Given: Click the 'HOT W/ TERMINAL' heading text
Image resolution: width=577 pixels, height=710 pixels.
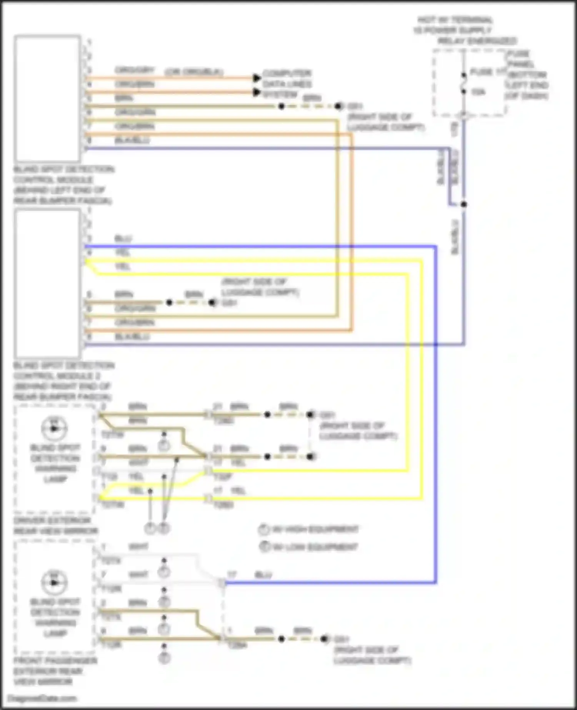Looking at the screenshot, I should coord(455,20).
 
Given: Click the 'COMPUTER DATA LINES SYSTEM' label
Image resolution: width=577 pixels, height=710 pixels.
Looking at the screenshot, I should coord(287,84).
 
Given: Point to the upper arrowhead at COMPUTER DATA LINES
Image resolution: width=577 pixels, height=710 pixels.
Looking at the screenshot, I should coord(257,78).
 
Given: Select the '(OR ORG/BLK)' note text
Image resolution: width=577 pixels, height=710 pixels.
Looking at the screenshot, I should coord(194,72).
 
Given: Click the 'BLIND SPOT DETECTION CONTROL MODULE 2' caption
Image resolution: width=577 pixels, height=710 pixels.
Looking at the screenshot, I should coord(63,381).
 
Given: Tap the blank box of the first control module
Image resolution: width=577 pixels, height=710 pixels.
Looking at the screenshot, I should coord(47,98).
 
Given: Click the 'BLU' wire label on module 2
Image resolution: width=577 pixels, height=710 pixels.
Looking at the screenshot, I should coord(123,239).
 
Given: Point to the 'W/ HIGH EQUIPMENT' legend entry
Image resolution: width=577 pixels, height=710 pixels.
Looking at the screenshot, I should coord(310,530).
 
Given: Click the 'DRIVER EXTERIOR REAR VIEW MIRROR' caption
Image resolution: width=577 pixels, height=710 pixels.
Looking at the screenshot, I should coord(55,526).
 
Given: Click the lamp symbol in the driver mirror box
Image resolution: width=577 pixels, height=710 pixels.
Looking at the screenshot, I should coord(54,428).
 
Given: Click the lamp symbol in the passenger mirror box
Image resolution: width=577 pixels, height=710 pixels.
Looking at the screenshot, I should coord(54,582).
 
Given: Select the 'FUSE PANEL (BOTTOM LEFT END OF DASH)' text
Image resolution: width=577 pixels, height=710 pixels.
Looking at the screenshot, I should coord(527,75).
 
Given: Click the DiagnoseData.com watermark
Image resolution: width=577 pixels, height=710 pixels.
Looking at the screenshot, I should coord(42,698).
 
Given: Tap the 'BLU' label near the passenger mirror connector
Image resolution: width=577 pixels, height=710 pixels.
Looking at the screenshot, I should coord(263,575).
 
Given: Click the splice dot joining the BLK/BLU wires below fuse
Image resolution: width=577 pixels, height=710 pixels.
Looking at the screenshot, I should coord(464,204).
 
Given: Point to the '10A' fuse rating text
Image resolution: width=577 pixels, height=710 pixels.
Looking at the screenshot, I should coord(478,92).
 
